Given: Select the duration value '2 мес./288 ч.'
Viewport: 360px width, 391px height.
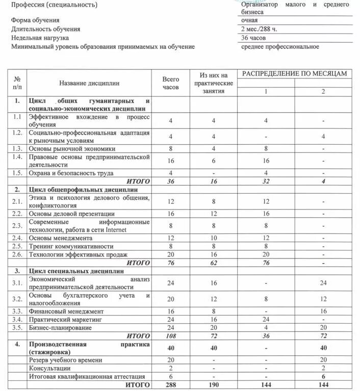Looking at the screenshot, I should (260, 29).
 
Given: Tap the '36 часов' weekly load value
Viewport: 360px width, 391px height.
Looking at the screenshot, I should (253, 38).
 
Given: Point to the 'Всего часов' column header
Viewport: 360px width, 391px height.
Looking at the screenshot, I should (171, 84).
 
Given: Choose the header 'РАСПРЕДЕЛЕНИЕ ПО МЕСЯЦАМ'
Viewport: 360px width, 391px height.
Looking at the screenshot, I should (295, 74).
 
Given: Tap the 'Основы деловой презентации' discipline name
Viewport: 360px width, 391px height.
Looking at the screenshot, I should (71, 214).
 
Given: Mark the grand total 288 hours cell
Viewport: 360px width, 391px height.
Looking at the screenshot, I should (171, 384).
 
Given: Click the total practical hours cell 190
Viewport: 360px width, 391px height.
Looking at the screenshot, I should (213, 384).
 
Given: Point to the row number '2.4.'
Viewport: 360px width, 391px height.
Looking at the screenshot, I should (17, 238).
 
